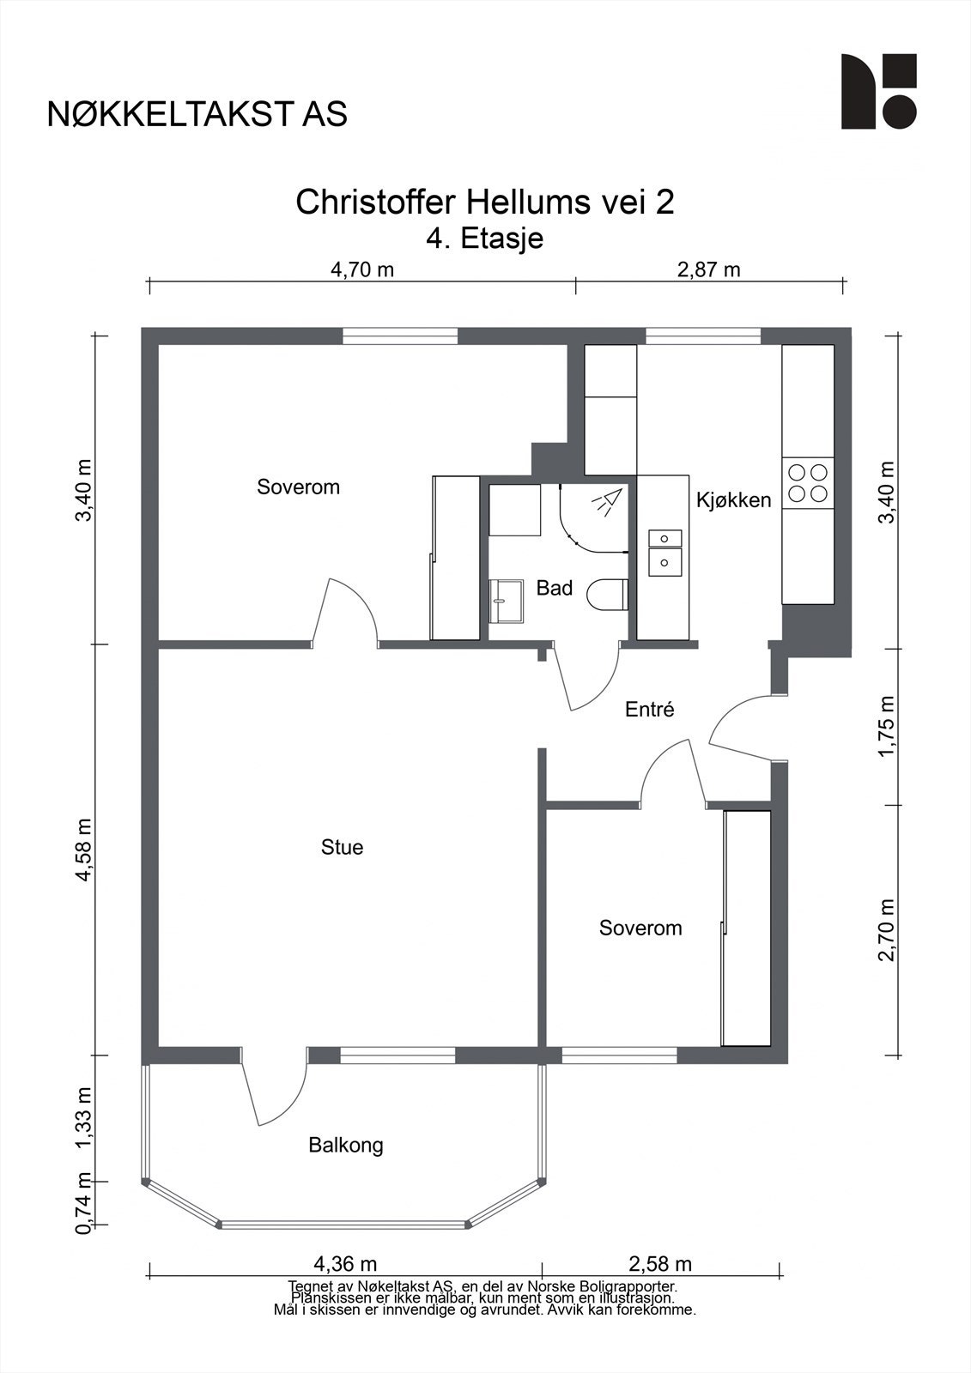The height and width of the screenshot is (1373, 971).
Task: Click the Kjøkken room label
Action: point(733,500)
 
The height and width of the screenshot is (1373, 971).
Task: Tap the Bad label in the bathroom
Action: point(555,589)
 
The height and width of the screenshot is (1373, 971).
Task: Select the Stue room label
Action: point(343,847)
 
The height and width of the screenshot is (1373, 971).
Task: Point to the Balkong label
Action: point(346,1145)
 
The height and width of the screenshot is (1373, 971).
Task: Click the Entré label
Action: point(650,709)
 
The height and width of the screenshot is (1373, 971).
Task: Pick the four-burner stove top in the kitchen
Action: point(807,483)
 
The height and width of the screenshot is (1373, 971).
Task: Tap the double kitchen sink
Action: point(665,553)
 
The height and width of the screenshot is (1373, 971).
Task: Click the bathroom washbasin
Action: point(506,602)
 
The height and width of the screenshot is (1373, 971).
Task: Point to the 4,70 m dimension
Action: point(362,269)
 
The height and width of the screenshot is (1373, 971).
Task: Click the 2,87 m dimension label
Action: point(708,269)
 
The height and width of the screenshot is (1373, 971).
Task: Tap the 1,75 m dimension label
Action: point(886,726)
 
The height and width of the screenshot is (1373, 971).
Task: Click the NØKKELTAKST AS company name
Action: point(197,114)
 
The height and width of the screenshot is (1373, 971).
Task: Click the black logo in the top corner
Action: point(878,91)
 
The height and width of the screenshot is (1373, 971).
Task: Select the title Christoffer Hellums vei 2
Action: point(484,202)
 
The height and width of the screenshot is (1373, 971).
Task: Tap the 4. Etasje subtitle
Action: point(484,239)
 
